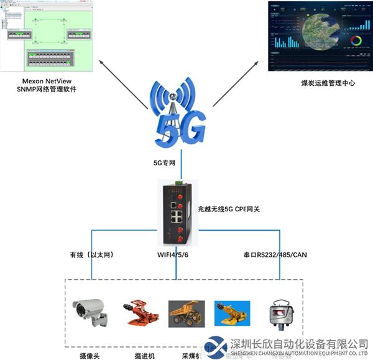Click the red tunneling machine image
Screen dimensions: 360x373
point(140,313)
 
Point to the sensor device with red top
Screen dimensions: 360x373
point(275,313)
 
